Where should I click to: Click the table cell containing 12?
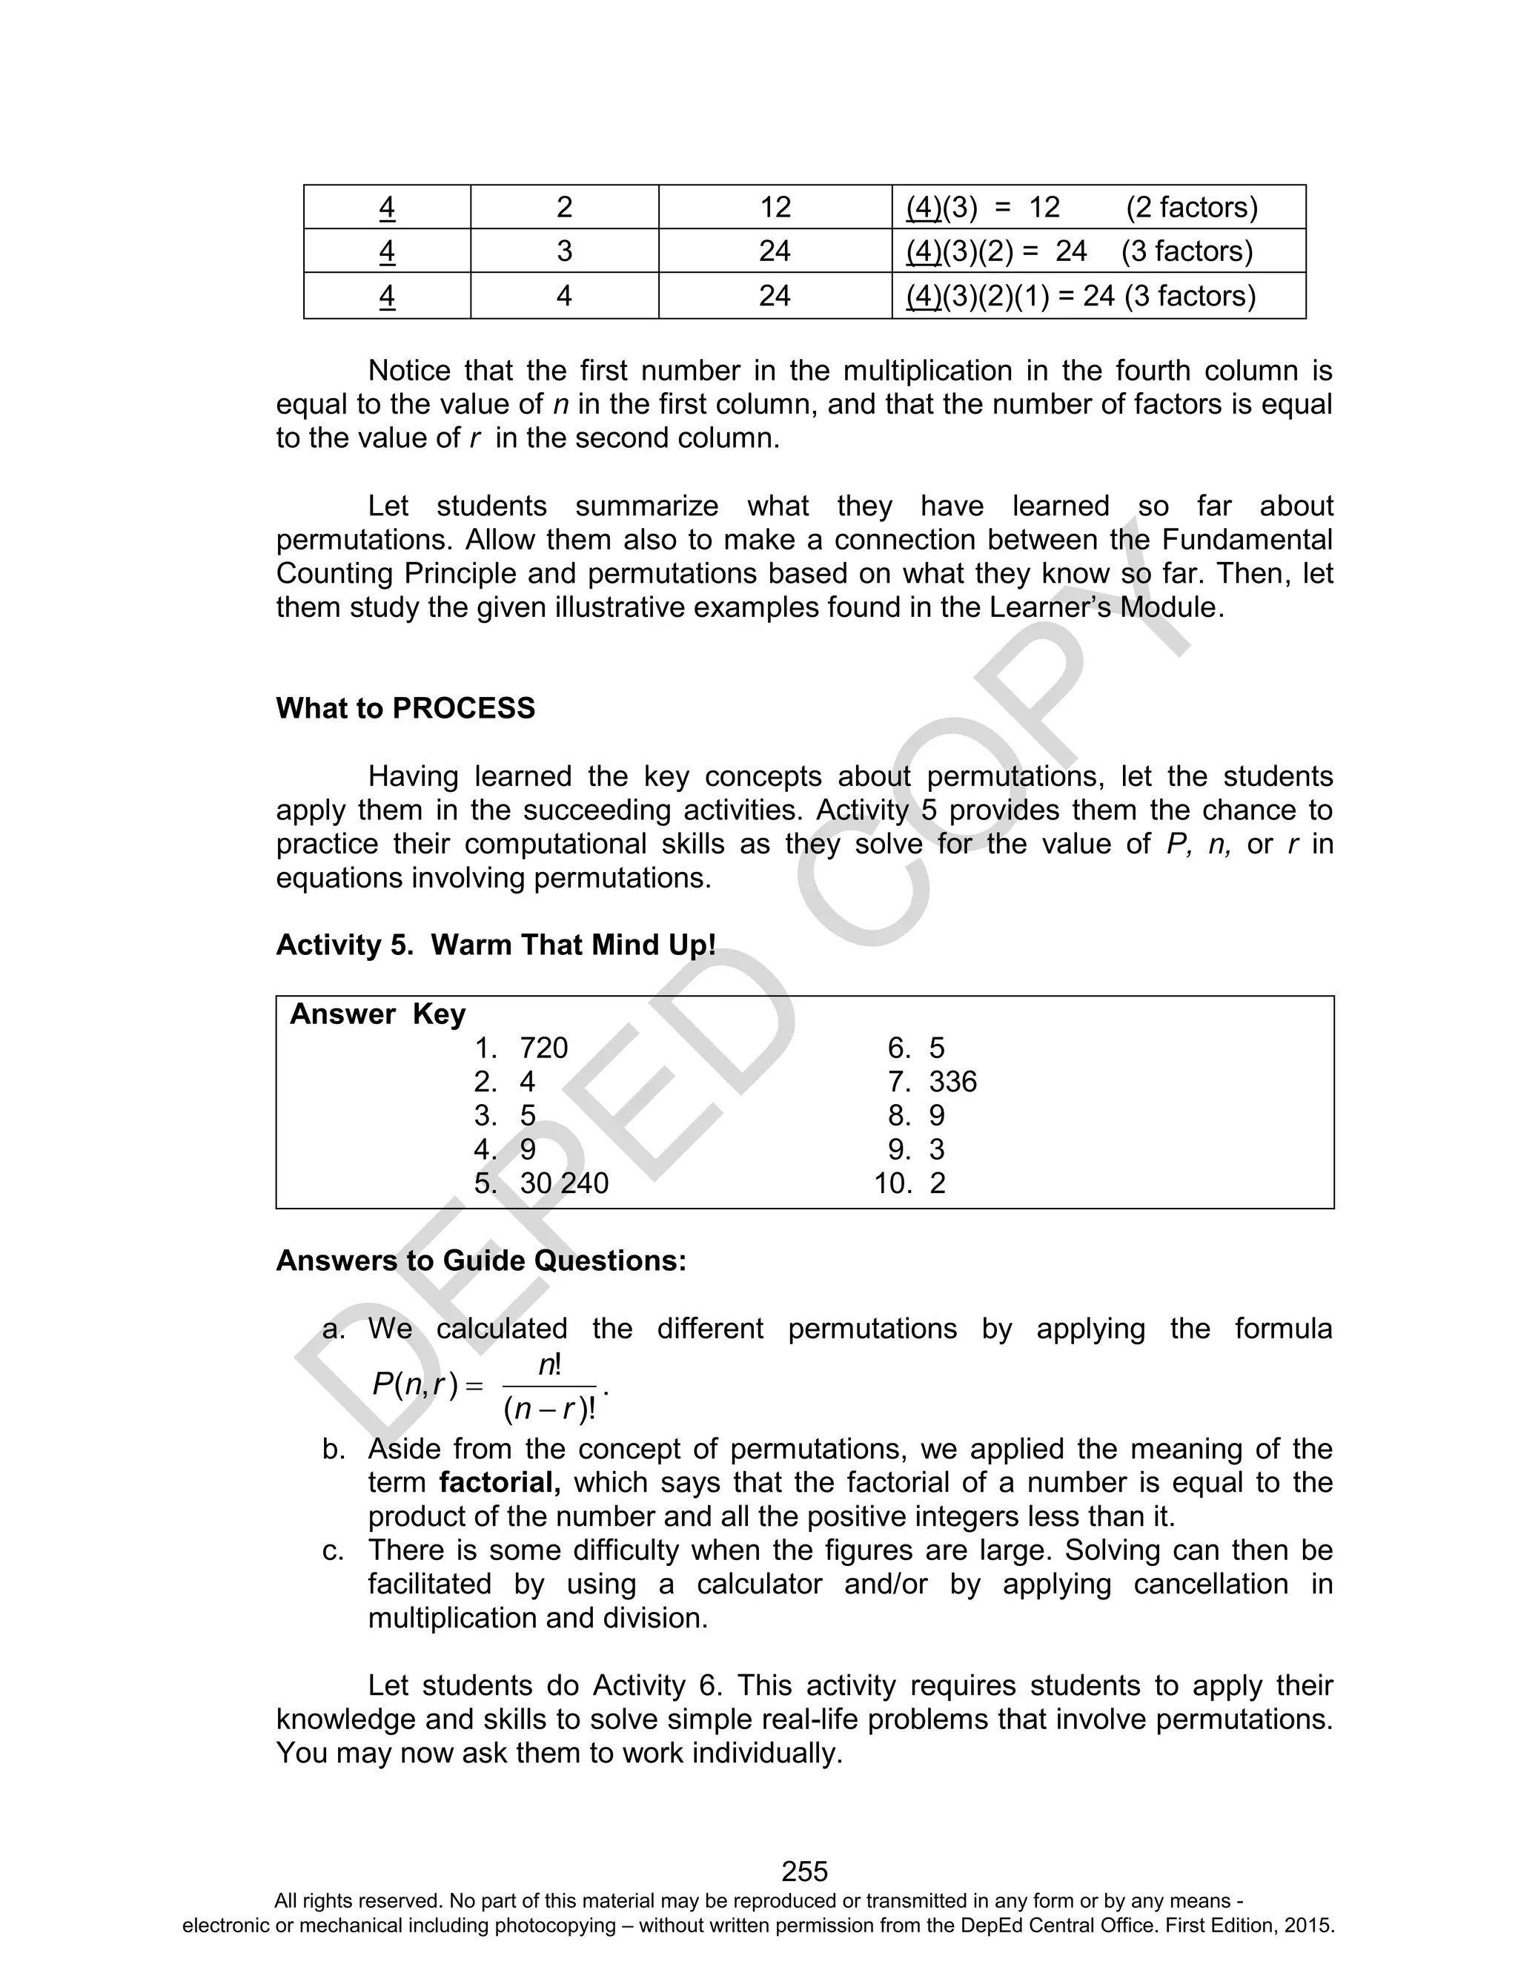click(x=775, y=207)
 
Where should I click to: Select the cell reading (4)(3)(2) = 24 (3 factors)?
click(x=1079, y=251)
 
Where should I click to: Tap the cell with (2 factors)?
click(x=1191, y=207)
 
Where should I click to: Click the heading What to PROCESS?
click(x=405, y=707)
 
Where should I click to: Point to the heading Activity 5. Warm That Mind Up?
click(x=495, y=945)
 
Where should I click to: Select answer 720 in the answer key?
click(x=543, y=1048)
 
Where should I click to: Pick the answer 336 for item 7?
click(x=952, y=1082)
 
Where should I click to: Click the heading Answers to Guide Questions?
click(x=481, y=1260)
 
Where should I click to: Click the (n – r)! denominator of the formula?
click(x=549, y=1409)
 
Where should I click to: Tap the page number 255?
click(x=804, y=1871)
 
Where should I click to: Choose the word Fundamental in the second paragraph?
click(x=1246, y=540)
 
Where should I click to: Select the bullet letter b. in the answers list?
click(x=334, y=1449)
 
